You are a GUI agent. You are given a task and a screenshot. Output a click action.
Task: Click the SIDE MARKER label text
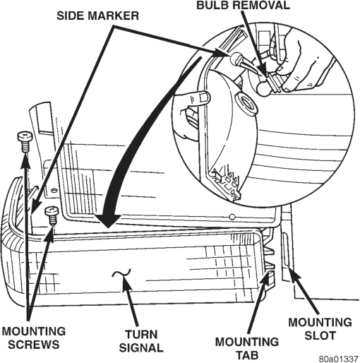coord(97,16)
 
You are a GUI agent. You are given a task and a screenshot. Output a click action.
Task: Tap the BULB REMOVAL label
coord(243,5)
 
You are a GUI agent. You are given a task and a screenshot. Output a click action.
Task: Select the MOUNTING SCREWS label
coord(34,338)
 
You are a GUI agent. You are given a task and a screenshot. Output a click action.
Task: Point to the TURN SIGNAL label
coord(141,341)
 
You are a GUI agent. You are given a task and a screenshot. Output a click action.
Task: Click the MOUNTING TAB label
coord(247,348)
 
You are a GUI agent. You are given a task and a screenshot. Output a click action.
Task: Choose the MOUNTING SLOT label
coord(320,329)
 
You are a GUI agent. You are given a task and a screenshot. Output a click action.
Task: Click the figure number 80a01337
coord(338,359)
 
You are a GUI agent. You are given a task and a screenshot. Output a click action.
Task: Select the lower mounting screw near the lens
coord(52,215)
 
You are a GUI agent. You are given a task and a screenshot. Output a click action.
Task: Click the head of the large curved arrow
coord(107,220)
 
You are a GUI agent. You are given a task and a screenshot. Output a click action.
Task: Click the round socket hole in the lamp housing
coord(246,104)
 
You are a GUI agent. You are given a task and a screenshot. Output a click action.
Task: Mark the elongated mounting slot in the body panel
coord(286,249)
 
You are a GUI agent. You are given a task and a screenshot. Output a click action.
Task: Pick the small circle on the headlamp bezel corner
coord(232,217)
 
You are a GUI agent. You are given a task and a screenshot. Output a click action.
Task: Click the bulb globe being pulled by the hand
coord(263,90)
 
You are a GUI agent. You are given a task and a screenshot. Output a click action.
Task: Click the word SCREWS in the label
coord(34,345)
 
